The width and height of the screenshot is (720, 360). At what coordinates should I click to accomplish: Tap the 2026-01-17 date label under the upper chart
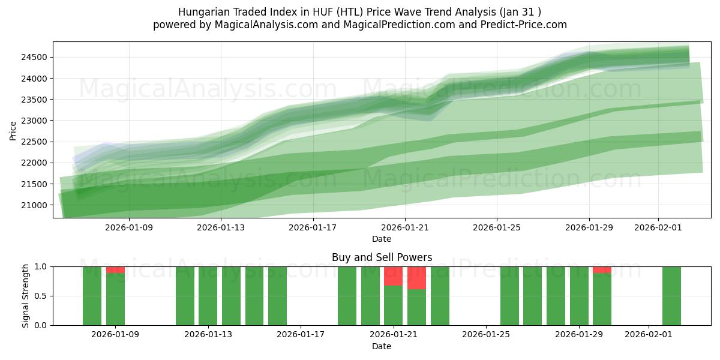[313, 227]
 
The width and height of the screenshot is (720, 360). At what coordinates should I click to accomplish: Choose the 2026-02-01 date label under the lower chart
[649, 335]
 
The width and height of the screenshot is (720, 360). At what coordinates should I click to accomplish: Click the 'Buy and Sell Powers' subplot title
[382, 257]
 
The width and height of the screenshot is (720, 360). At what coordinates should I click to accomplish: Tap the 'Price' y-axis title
[13, 131]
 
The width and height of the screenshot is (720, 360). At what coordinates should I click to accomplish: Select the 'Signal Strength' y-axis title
[25, 296]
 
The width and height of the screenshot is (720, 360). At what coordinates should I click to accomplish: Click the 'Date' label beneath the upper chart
[382, 239]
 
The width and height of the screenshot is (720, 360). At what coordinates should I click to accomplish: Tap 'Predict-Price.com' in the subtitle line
[526, 25]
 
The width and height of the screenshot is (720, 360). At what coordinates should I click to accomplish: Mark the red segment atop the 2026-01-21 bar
[393, 276]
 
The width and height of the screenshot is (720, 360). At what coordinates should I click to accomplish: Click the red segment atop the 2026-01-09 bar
[115, 270]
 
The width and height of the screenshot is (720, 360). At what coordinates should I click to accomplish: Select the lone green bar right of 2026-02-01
[671, 296]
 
